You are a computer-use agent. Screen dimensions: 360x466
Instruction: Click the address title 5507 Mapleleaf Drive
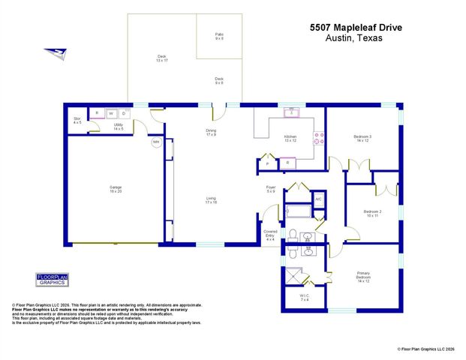(x=356, y=28)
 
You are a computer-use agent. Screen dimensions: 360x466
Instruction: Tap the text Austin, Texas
(x=356, y=38)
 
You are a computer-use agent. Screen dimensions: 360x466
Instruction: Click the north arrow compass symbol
(x=56, y=52)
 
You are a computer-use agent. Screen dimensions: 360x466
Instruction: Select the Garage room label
(x=116, y=188)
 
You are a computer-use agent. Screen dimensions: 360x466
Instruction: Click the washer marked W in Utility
(x=110, y=114)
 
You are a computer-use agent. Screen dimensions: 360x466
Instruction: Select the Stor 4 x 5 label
(x=77, y=121)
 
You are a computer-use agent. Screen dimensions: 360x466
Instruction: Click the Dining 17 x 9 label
(x=212, y=133)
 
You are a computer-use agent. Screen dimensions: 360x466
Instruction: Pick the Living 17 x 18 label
(x=212, y=199)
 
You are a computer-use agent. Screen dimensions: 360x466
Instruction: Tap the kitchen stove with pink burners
(x=318, y=138)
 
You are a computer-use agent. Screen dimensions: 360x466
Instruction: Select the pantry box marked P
(x=267, y=163)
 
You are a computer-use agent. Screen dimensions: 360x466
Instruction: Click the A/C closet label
(x=318, y=199)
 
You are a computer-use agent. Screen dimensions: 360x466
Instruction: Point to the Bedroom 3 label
(x=363, y=137)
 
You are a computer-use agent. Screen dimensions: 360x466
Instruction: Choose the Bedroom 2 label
(x=373, y=213)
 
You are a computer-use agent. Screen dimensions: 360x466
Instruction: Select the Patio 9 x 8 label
(x=219, y=35)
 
